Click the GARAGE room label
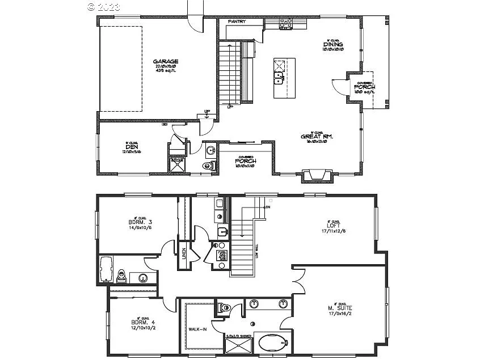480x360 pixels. point(165,61)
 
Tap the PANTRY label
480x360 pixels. point(237,22)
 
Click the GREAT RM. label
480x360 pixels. point(317,136)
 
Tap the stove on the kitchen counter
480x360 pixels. point(285,24)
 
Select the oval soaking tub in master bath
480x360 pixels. point(272,344)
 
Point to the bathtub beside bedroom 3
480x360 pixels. point(106,269)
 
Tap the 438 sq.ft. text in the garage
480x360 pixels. point(165,71)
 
